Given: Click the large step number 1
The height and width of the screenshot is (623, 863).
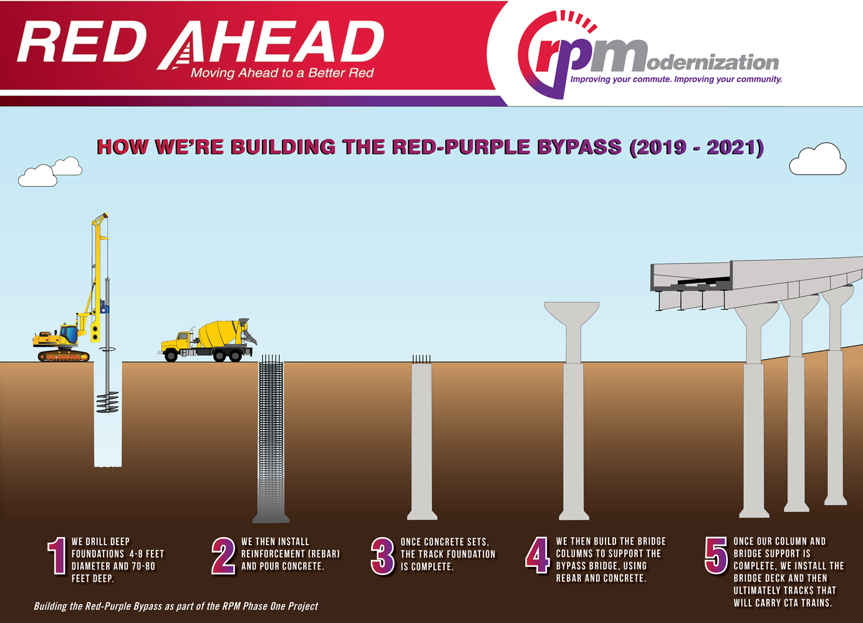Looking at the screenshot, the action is click(57, 556).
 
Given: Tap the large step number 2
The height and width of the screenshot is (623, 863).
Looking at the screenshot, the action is click(223, 556).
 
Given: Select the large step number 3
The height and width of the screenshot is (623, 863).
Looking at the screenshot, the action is click(383, 556).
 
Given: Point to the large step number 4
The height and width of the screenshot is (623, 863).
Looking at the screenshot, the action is click(538, 555).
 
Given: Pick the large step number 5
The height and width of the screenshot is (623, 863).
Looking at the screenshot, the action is click(716, 556).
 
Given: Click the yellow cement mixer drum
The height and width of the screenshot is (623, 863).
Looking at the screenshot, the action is click(220, 333).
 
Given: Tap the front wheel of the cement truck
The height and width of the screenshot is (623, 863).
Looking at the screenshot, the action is click(171, 356).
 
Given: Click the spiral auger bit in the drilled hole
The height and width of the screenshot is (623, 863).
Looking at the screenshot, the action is click(107, 402).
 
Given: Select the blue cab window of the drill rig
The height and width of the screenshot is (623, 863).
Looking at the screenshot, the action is click(69, 334).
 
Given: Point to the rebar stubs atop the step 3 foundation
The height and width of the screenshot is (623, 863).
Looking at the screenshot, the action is click(422, 359).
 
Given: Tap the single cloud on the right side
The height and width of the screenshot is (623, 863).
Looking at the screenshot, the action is click(817, 159).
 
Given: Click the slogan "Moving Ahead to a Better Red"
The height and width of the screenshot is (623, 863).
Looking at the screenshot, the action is click(282, 73).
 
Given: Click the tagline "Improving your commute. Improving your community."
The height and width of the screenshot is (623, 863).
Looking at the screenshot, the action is click(676, 79).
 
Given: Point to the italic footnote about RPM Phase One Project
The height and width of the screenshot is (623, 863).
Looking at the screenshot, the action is click(176, 606).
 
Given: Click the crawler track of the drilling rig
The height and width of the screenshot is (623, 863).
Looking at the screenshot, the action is click(64, 355).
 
